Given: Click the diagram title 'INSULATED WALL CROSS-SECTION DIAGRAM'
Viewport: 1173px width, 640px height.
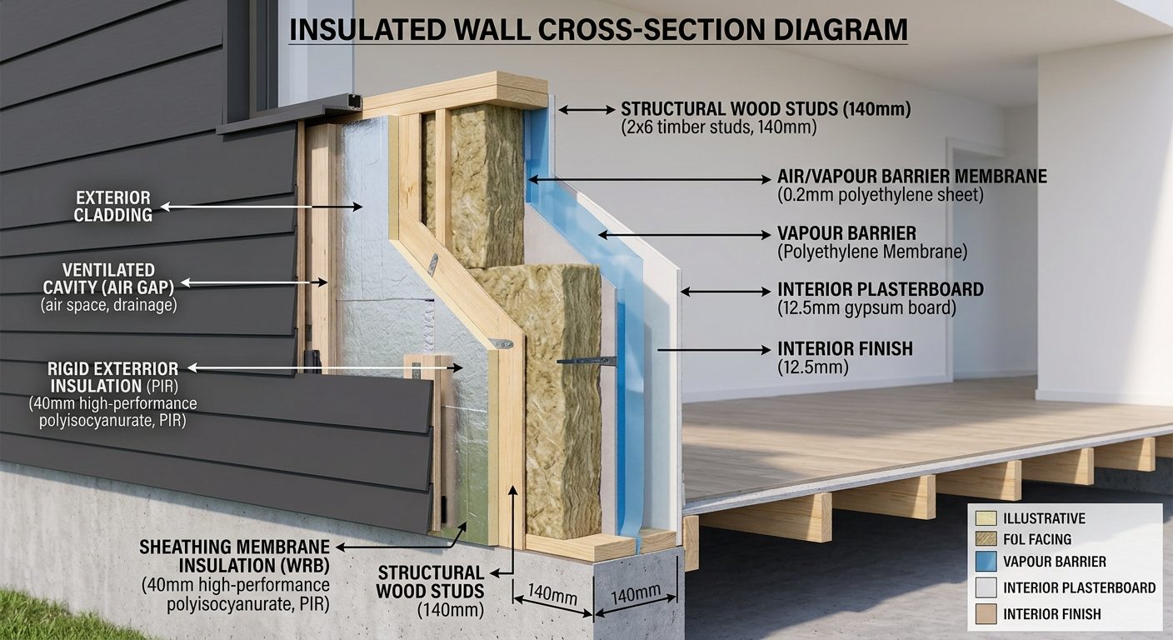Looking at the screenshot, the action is click(x=598, y=29).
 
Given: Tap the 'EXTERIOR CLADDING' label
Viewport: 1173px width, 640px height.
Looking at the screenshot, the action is click(x=113, y=207).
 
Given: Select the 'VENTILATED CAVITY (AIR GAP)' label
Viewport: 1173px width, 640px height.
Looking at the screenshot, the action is click(x=108, y=278).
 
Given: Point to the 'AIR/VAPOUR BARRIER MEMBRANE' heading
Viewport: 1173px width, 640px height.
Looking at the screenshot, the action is click(x=912, y=177).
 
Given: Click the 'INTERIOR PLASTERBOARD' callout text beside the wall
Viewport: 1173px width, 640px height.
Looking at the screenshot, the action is click(x=881, y=289).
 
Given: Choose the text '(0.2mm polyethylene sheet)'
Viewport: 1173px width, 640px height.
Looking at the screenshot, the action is click(x=881, y=195).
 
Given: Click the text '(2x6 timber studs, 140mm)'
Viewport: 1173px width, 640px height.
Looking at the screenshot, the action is click(x=719, y=127).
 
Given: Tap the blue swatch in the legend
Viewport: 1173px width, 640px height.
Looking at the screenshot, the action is click(x=986, y=562).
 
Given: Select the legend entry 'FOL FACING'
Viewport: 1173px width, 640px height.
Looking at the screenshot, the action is click(x=1037, y=539).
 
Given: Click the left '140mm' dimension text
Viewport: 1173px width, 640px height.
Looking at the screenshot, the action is click(x=552, y=594).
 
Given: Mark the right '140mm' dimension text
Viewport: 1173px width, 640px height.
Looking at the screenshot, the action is click(x=636, y=594).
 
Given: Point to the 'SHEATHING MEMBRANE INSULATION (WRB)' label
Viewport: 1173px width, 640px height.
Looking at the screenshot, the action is click(x=234, y=556).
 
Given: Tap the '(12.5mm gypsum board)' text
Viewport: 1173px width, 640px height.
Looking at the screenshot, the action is click(x=866, y=308).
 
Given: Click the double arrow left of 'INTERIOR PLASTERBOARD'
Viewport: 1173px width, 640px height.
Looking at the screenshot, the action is click(x=726, y=292).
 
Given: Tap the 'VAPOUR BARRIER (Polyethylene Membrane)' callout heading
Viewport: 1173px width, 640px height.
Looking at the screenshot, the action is click(x=846, y=233).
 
